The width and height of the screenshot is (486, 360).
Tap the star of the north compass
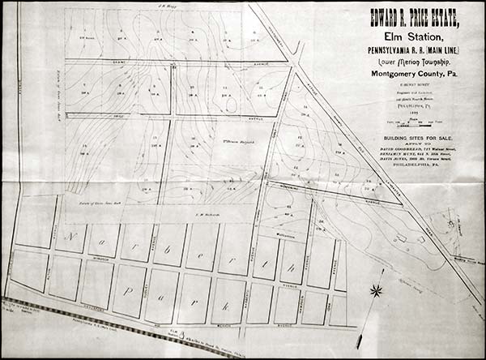[375, 289]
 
